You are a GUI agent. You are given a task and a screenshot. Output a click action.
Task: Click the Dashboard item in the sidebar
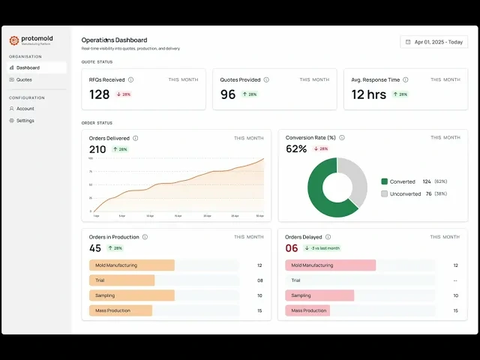[28, 67]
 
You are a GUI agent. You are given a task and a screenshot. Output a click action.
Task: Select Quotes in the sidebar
[25, 79]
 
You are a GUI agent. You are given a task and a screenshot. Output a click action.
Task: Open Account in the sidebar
[25, 109]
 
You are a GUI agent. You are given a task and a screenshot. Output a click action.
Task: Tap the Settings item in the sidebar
[25, 120]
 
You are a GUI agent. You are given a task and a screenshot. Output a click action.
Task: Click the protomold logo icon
[13, 40]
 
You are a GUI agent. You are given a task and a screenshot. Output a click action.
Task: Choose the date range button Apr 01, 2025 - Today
[434, 42]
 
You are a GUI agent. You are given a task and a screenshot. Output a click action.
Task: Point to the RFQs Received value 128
[100, 94]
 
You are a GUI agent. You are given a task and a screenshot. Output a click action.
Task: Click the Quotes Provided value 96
[228, 94]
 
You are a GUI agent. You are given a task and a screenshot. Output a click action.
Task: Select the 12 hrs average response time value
[369, 94]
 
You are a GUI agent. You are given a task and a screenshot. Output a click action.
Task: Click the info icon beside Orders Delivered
[136, 138]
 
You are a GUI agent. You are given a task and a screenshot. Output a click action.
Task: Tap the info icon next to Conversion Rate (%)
[342, 138]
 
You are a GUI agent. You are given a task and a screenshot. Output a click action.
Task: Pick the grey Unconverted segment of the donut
[356, 180]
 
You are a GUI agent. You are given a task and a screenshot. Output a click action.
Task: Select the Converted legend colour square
[385, 181]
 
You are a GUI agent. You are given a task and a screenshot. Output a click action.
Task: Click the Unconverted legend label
[405, 193]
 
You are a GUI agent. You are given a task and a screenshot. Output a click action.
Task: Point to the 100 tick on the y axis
[91, 158]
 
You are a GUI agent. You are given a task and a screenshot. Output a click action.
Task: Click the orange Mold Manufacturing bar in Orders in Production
[131, 265]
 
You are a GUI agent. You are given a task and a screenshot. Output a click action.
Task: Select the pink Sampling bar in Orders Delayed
[319, 295]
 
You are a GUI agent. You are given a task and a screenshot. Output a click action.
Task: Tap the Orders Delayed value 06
[292, 248]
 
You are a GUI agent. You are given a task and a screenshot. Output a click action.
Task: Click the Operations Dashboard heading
[114, 40]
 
